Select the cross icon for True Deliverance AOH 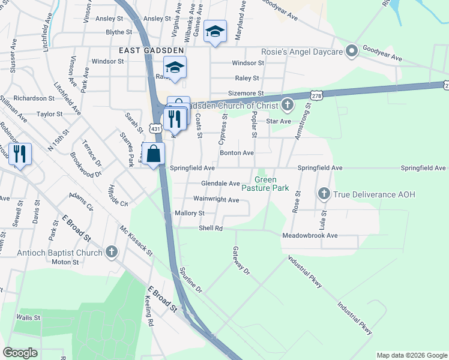324,193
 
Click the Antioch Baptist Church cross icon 111,253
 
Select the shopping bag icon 154,154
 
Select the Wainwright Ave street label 216,199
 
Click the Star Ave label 279,121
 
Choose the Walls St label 28,317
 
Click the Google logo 20,353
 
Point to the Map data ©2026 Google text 411,355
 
